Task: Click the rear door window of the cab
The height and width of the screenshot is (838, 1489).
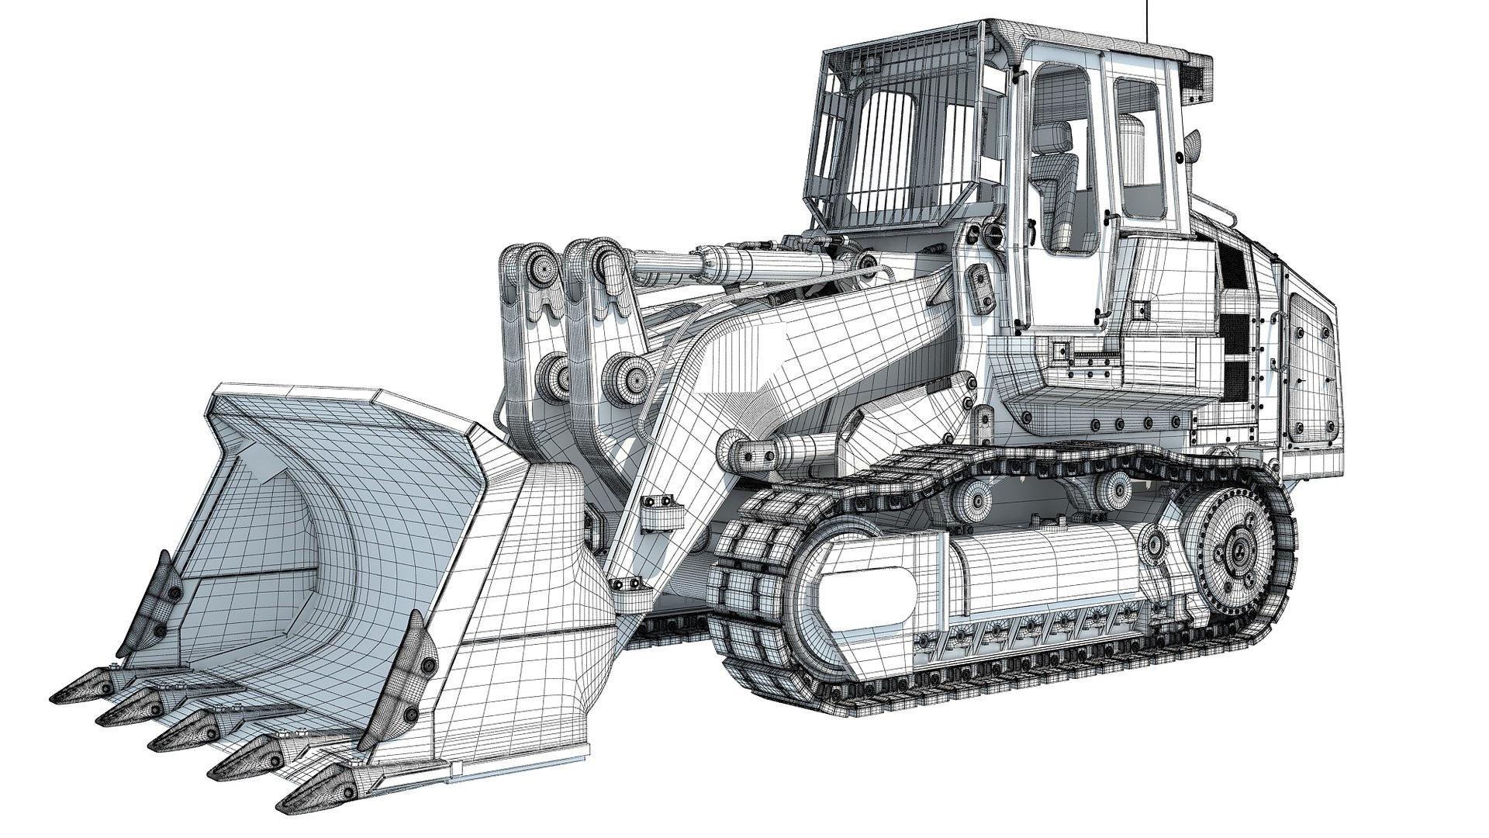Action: tap(1140, 151)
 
